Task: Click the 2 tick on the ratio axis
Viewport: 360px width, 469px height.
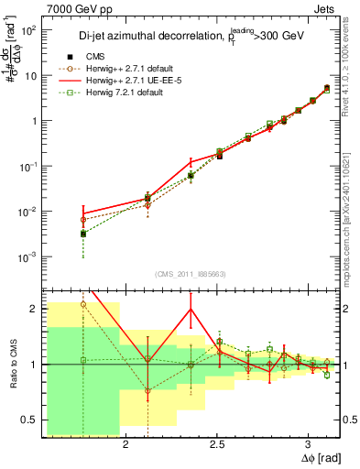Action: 33,309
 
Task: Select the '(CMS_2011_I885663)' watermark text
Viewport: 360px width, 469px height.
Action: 180,275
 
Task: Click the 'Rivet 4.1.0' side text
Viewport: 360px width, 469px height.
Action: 352,69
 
